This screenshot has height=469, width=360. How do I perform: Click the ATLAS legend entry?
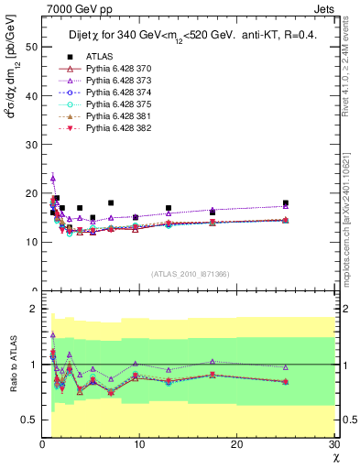coord(100,57)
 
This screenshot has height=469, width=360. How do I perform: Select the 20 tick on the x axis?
coord(237,444)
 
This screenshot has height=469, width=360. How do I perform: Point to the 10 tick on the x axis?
coord(139,444)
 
